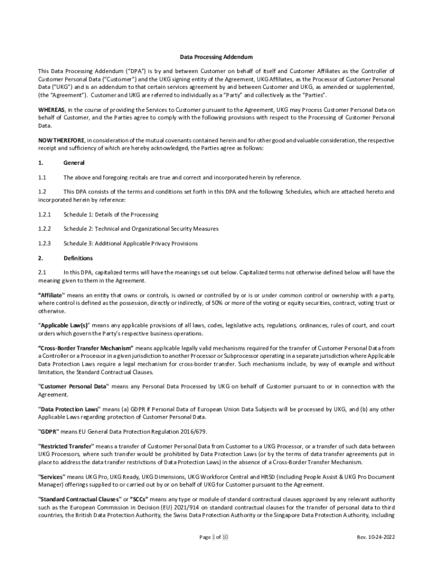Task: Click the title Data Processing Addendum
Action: point(216,57)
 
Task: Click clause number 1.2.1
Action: point(44,214)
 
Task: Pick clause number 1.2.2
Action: point(44,229)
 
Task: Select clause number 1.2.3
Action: point(44,244)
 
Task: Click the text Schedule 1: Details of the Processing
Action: point(111,214)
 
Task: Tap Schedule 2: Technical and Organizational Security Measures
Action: point(141,229)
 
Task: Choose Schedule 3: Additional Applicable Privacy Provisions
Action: point(130,244)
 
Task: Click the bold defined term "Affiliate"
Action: point(51,296)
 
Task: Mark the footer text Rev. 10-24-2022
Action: point(376,537)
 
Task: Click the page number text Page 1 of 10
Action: point(214,537)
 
